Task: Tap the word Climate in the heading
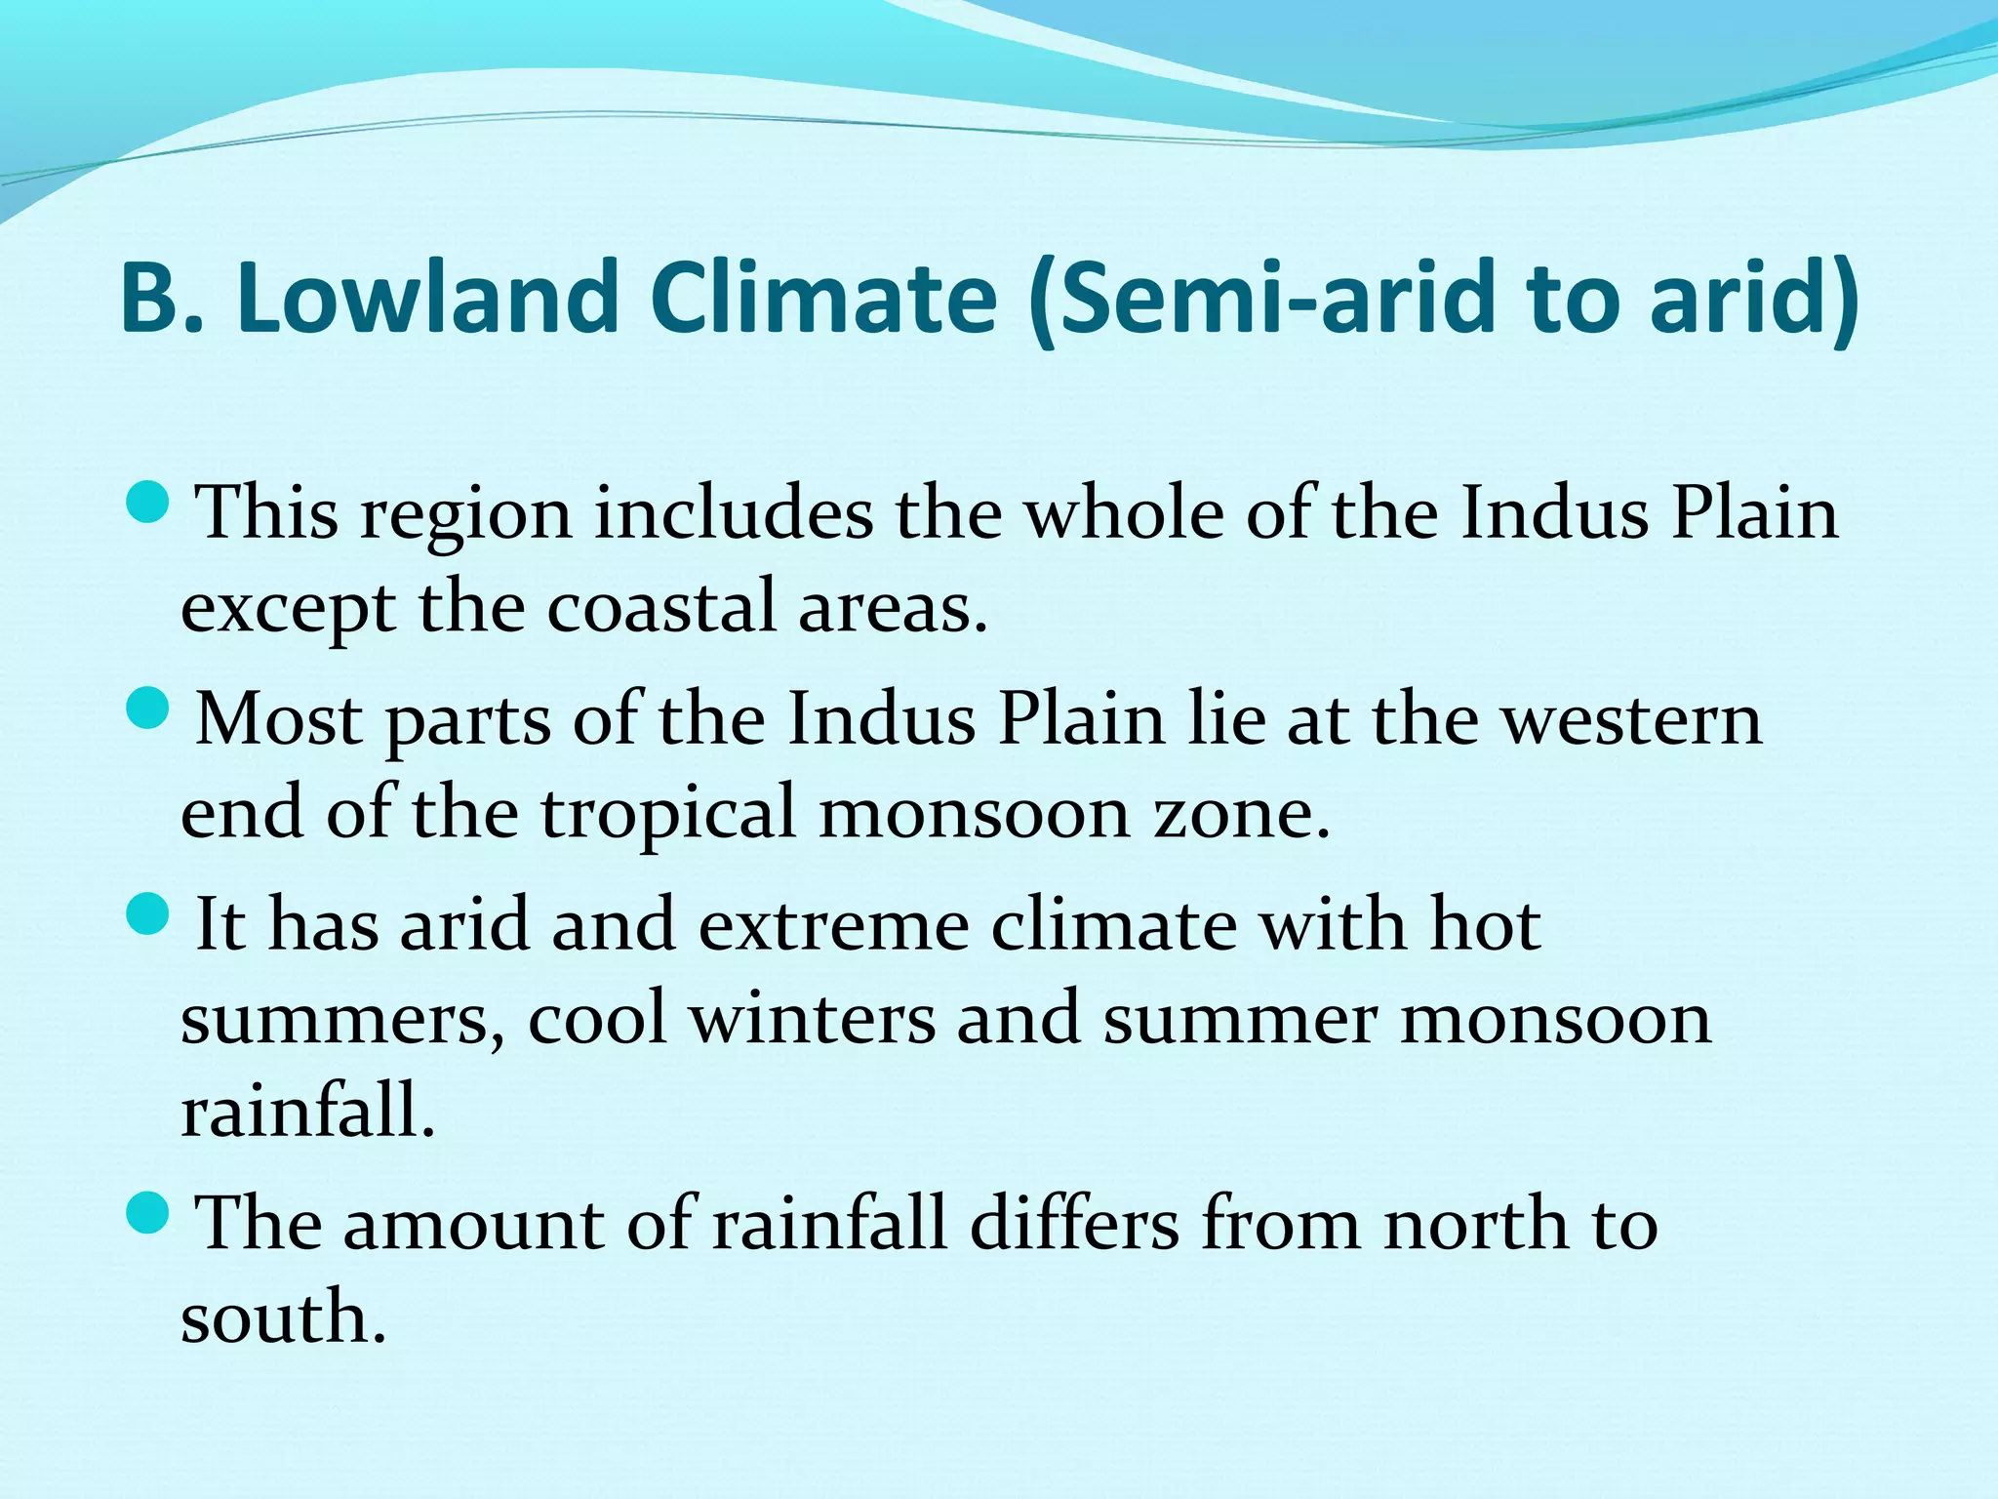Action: click(x=822, y=297)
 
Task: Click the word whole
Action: click(x=1124, y=513)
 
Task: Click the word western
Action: click(x=1630, y=719)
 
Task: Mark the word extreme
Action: click(x=833, y=925)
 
